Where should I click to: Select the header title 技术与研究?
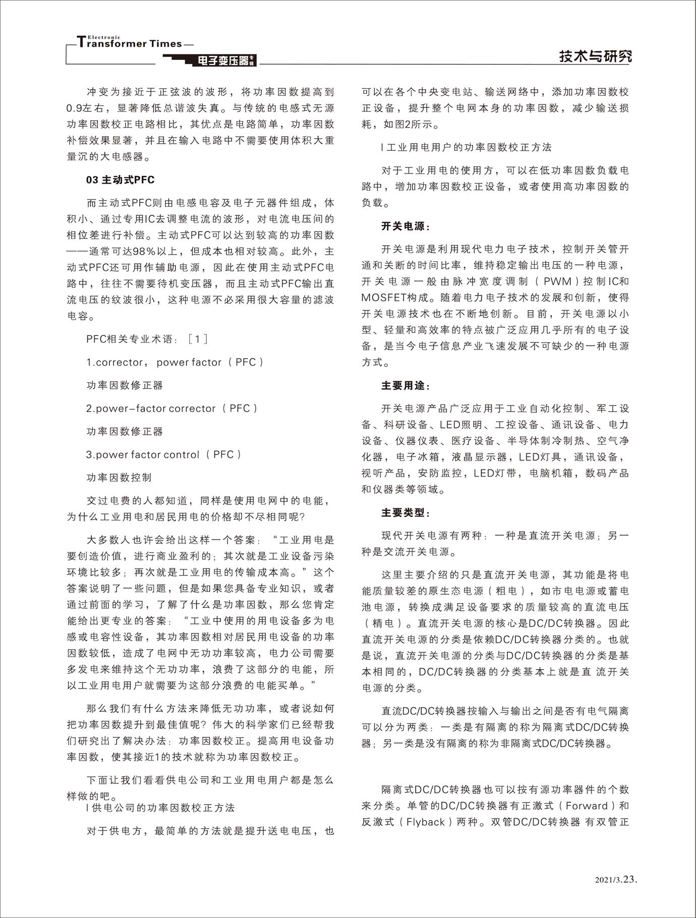tap(595, 56)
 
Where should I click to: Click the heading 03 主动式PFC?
tap(120, 180)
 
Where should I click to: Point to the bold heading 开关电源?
tap(405, 226)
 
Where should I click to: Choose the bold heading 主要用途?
tap(405, 386)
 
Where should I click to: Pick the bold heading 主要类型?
tap(405, 513)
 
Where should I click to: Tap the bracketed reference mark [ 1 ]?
tap(197, 339)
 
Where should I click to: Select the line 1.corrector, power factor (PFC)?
tap(175, 363)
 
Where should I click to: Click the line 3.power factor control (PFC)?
tap(163, 455)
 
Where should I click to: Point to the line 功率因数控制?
tap(119, 478)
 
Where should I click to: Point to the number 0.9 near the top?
tap(73, 108)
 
